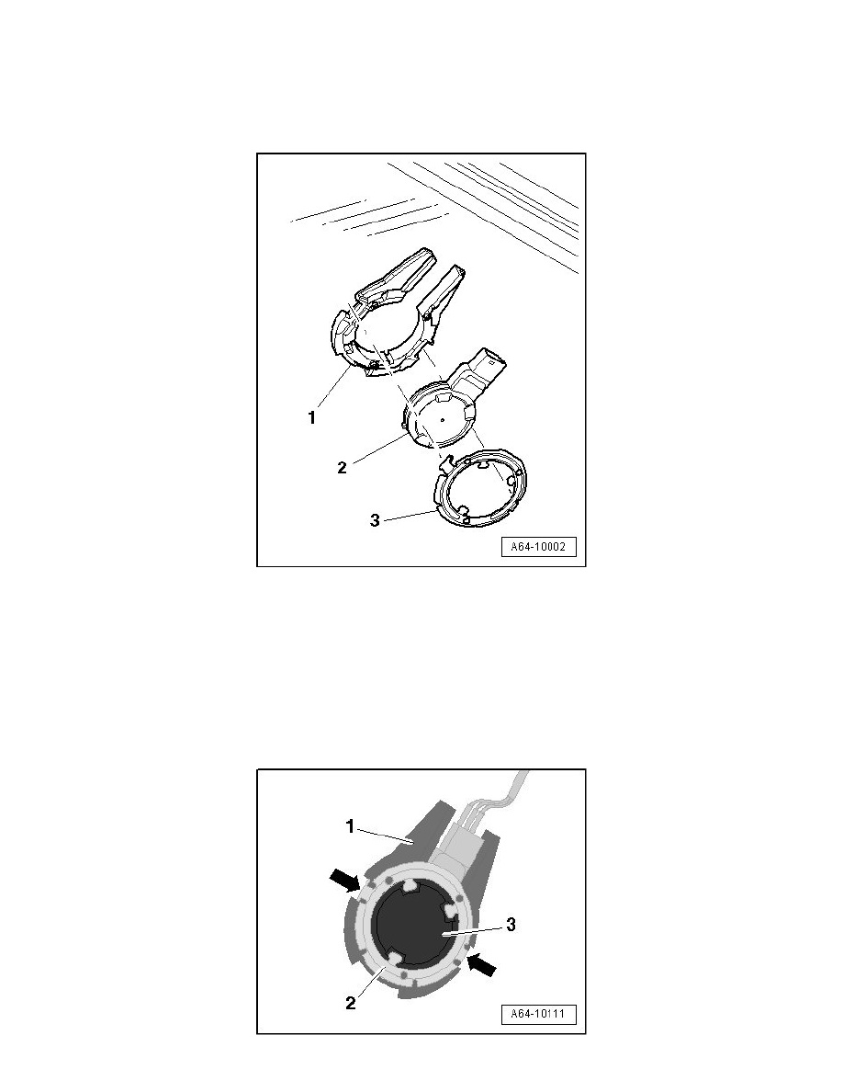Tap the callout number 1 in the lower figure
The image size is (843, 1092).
pos(350,826)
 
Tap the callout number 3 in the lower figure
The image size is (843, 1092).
pos(511,926)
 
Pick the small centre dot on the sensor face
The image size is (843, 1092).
pos(442,417)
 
